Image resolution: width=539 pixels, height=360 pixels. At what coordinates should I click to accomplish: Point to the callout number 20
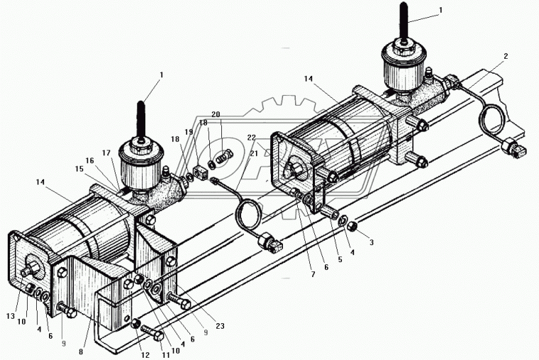(216, 114)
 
